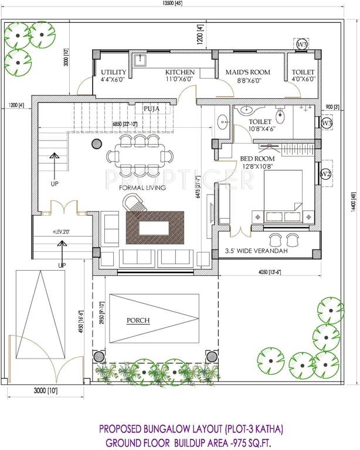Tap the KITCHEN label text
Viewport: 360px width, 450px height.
[179, 72]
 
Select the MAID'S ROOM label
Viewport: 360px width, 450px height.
[248, 72]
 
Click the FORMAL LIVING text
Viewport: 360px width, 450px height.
[142, 187]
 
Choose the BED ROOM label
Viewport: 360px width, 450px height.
[257, 158]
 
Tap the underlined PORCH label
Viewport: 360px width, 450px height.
[138, 320]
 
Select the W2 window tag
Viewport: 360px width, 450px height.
[327, 174]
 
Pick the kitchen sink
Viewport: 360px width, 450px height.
[141, 60]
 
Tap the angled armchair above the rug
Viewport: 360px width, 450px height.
[133, 203]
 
